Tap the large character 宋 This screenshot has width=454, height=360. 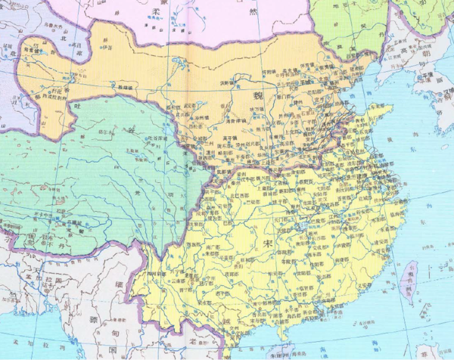tap(269, 244)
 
